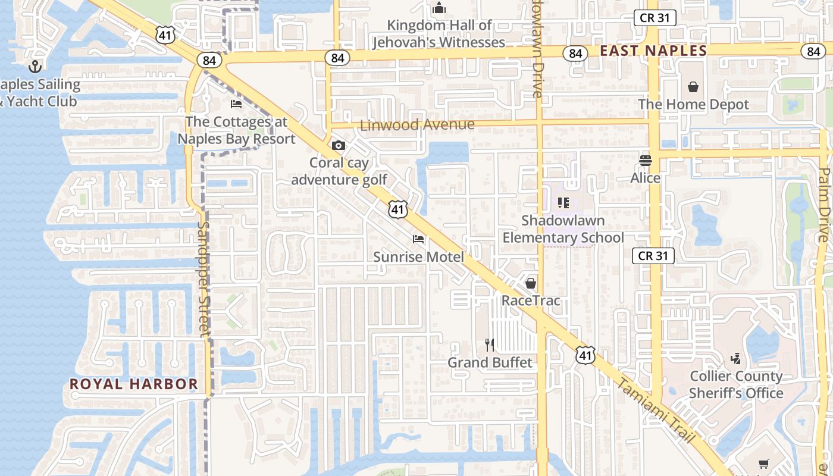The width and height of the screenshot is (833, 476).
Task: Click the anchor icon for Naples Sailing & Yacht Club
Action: (x=35, y=66)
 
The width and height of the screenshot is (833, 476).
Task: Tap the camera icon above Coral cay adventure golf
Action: (x=338, y=145)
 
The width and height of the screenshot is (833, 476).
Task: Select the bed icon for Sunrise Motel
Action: (x=418, y=239)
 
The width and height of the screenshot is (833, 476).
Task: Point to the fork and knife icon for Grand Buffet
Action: (x=490, y=345)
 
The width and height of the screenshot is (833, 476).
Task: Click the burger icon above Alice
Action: (x=646, y=159)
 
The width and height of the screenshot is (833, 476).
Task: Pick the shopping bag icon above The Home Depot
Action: (x=693, y=87)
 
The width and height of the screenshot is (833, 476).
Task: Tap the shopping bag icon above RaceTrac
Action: (x=531, y=283)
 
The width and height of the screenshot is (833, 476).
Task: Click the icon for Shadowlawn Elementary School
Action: (x=563, y=203)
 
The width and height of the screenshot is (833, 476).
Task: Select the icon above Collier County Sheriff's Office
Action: (x=736, y=358)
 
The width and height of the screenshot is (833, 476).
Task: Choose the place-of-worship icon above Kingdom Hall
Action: (x=439, y=8)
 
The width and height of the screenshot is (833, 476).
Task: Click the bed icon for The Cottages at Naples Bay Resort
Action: (x=236, y=104)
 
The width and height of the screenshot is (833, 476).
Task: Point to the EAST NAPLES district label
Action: (x=653, y=51)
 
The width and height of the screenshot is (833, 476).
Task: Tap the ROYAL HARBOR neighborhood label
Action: (x=134, y=384)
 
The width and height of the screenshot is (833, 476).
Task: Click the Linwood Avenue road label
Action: (x=418, y=125)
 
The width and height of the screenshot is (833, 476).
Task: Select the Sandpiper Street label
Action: (x=203, y=278)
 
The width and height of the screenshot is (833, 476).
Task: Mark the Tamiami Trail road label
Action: (x=654, y=411)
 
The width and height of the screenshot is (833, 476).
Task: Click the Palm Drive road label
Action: (x=823, y=205)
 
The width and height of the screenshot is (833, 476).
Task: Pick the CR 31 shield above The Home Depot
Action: (x=654, y=18)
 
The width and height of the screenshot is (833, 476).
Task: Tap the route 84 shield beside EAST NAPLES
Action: (x=575, y=54)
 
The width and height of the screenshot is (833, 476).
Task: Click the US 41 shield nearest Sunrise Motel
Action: (x=398, y=209)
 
